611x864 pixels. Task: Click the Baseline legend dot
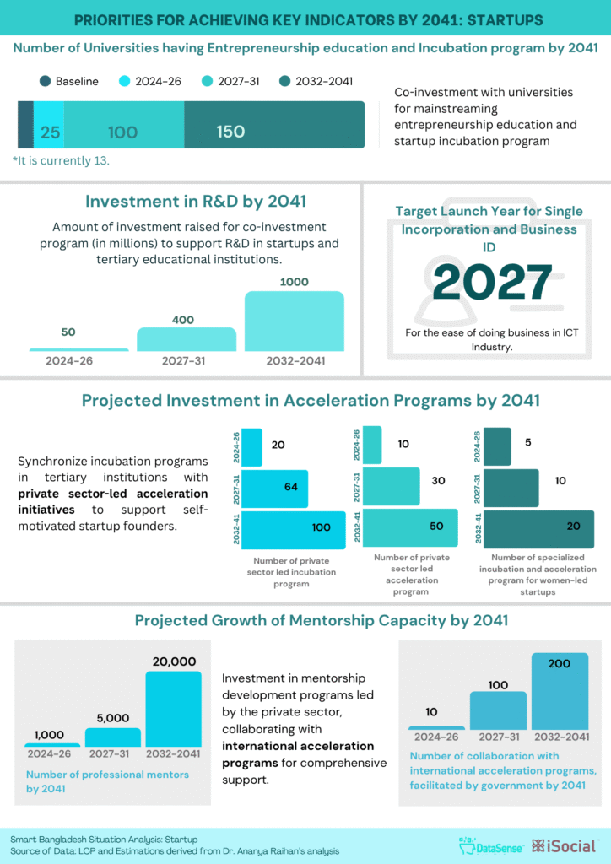[x=45, y=82]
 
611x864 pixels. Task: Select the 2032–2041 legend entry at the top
[x=316, y=82]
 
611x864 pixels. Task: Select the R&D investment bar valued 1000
[x=295, y=321]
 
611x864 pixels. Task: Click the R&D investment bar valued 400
[x=187, y=338]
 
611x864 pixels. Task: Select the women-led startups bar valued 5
[x=498, y=445]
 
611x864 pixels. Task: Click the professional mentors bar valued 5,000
[x=113, y=737]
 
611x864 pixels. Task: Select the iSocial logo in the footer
[x=565, y=845]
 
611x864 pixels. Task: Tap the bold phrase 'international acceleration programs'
[x=298, y=754]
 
